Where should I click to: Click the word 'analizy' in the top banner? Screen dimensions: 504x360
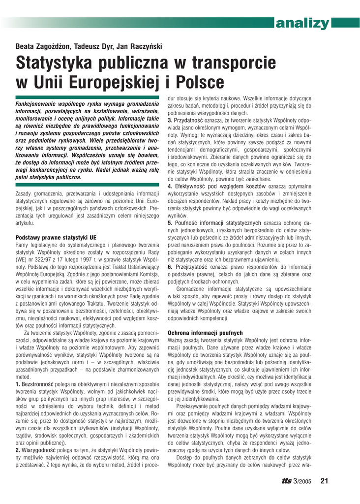pyautogui.click(x=302, y=23)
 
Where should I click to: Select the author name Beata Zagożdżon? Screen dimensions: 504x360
pyautogui.click(x=42, y=47)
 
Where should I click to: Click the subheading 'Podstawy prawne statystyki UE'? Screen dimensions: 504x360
pyautogui.click(x=56, y=237)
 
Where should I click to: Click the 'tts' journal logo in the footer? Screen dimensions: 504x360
pyautogui.click(x=286, y=481)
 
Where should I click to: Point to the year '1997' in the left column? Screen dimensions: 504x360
pyautogui.click(x=90, y=259)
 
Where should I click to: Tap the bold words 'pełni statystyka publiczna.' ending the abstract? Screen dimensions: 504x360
pyautogui.click(x=49, y=177)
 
